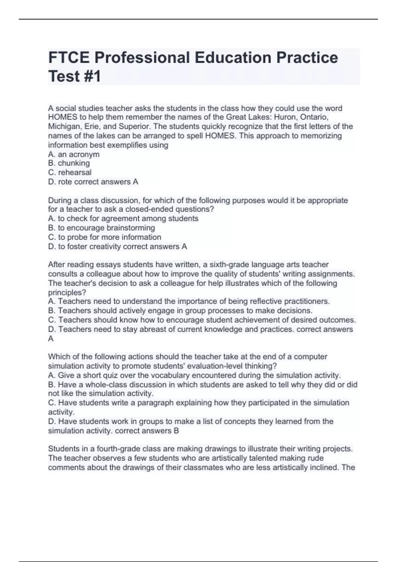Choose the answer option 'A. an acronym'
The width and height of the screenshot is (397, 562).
tap(74, 154)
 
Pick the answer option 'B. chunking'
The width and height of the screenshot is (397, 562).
tap(69, 163)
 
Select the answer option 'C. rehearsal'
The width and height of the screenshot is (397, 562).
tap(70, 172)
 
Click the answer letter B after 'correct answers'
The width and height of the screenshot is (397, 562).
tap(176, 431)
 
